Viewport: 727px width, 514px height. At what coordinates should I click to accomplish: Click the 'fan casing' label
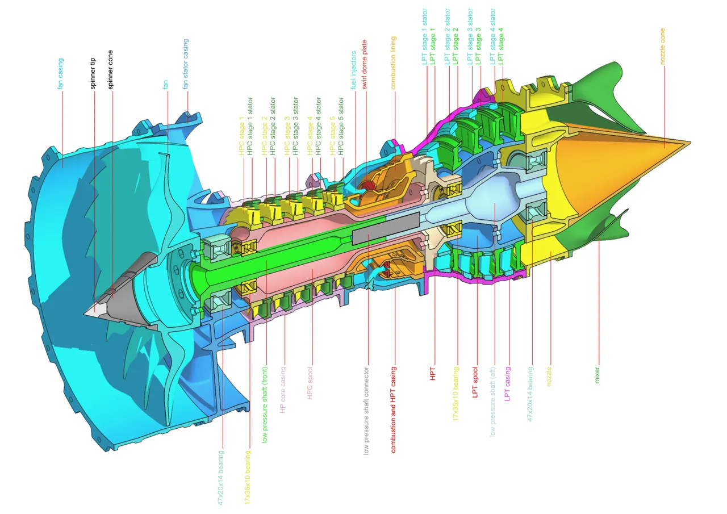tap(60, 74)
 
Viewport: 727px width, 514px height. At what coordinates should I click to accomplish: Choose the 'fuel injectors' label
tap(353, 70)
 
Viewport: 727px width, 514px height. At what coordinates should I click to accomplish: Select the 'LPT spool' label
tap(476, 382)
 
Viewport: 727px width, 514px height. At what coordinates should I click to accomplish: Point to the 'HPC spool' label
tap(310, 385)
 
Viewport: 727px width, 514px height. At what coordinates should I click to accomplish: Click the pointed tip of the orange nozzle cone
tap(688, 143)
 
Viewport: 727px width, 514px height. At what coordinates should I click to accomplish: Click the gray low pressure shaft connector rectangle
tap(386, 228)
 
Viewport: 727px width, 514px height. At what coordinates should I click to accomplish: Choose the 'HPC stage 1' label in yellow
tap(241, 136)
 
